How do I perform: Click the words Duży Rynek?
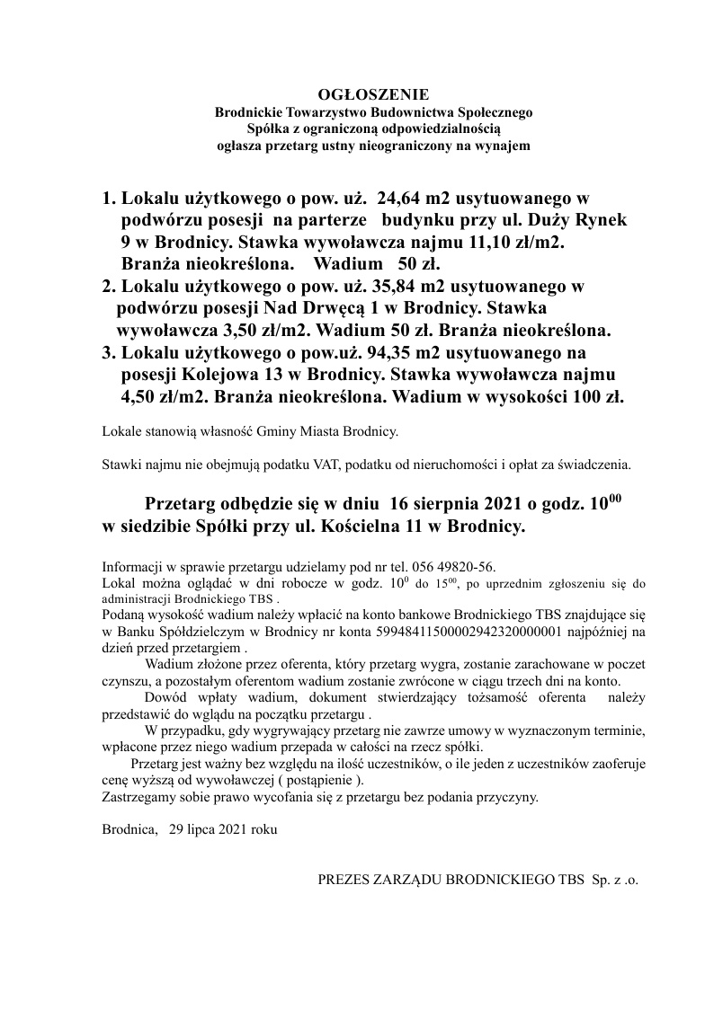pos(563,219)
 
